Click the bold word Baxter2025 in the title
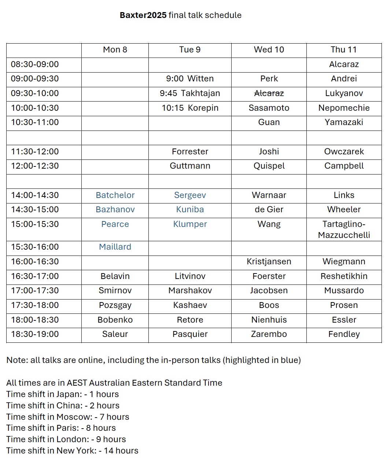tap(143, 15)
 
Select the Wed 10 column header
tap(269, 49)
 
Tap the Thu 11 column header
tap(343, 49)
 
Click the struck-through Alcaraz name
tap(269, 93)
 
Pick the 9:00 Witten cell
tap(190, 78)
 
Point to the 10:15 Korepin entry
tap(190, 108)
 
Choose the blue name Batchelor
tap(115, 195)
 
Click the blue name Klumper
tap(190, 224)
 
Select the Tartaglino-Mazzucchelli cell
tap(344, 229)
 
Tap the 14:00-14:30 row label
tap(35, 195)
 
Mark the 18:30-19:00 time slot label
tap(35, 334)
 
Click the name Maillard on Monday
tap(115, 247)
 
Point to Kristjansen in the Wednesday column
tap(269, 261)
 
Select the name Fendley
tap(344, 334)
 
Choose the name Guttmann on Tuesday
tap(190, 166)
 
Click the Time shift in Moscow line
tap(68, 417)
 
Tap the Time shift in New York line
tap(72, 451)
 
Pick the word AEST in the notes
tap(77, 383)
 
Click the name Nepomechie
tap(344, 108)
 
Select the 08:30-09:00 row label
tap(35, 64)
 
